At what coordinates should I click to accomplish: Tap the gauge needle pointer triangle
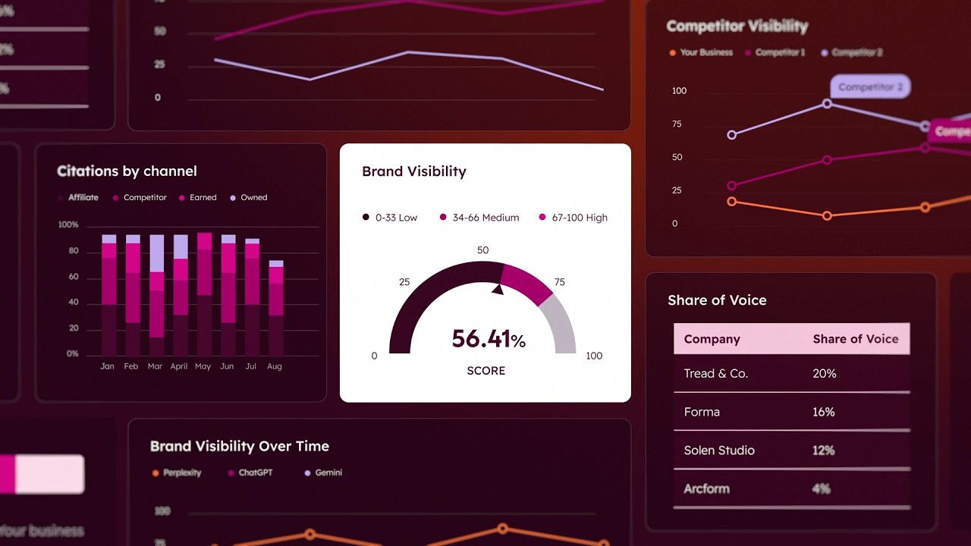pos(498,288)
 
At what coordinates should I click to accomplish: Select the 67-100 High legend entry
pos(573,218)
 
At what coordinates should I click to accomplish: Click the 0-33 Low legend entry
pos(390,218)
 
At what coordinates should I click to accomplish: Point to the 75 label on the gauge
pos(560,282)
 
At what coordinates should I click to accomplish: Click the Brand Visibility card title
pos(414,171)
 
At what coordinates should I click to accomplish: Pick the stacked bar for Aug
pos(276,308)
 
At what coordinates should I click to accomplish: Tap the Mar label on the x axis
pos(156,366)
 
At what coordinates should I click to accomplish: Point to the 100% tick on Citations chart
pos(68,225)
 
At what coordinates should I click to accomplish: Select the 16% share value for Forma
pos(824,412)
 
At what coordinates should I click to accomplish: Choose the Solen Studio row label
pos(719,450)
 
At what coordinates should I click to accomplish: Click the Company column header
pos(712,339)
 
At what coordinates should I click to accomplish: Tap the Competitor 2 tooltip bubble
pos(870,87)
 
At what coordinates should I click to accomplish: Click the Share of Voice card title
pos(717,300)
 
